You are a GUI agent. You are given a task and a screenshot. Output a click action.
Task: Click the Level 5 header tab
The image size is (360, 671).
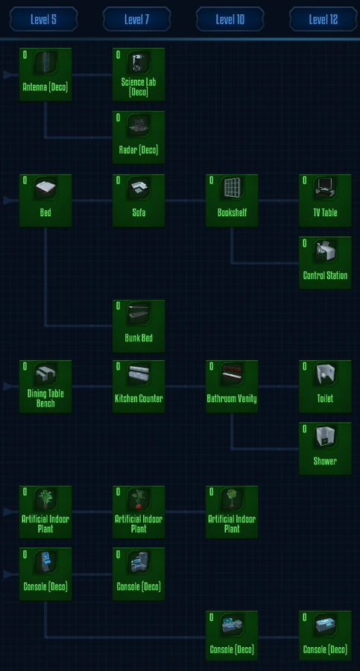click(43, 19)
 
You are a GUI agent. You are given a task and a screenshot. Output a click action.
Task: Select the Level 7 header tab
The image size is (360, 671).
click(136, 19)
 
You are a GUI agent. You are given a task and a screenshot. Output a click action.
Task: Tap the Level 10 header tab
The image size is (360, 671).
click(230, 19)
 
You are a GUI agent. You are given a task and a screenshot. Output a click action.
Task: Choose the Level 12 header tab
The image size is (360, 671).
click(323, 19)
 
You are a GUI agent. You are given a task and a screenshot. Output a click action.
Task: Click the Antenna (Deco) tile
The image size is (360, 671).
click(45, 75)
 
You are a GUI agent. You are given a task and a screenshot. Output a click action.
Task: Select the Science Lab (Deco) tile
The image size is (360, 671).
click(139, 75)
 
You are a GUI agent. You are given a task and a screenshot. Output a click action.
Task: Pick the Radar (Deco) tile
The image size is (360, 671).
click(139, 137)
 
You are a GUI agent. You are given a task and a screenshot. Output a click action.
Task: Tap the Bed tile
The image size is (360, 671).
click(45, 201)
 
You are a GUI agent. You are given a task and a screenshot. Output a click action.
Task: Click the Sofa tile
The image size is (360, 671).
click(139, 201)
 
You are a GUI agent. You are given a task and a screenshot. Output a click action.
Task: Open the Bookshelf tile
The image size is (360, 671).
click(232, 201)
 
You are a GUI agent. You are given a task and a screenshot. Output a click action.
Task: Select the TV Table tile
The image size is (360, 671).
click(325, 201)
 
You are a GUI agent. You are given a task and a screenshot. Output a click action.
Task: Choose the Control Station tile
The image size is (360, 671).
click(325, 263)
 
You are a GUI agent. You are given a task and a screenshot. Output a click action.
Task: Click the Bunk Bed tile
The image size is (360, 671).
click(139, 326)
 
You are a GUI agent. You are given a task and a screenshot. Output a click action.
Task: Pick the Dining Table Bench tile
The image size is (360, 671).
click(45, 387)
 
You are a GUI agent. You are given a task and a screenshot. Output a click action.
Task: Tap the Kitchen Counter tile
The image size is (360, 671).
click(139, 387)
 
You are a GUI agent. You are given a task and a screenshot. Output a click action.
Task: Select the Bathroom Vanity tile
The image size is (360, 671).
click(232, 387)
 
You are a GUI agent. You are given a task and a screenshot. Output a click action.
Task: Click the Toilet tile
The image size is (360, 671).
click(325, 387)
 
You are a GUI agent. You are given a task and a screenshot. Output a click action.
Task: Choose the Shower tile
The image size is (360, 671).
click(325, 449)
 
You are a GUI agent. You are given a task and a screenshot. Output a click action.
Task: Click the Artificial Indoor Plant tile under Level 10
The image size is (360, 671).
click(232, 512)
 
